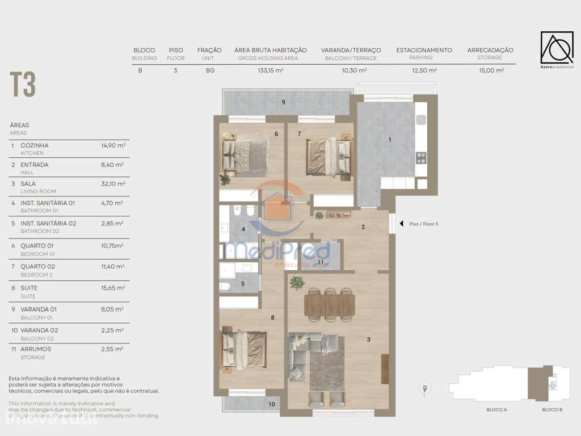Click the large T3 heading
[x=23, y=85]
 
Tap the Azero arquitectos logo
[x=556, y=49]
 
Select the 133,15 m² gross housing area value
[x=270, y=71]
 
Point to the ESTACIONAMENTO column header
[x=424, y=50]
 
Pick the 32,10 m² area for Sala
[x=113, y=184]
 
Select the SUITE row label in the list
[x=29, y=288]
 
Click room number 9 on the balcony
[x=283, y=102]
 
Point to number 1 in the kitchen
[x=390, y=140]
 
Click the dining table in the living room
[x=329, y=304]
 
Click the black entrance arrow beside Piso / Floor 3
[x=402, y=224]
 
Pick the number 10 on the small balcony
[x=272, y=404]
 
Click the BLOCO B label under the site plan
[x=551, y=409]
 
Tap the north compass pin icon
[x=424, y=388]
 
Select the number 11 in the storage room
[x=321, y=262]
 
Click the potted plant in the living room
[x=297, y=282]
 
